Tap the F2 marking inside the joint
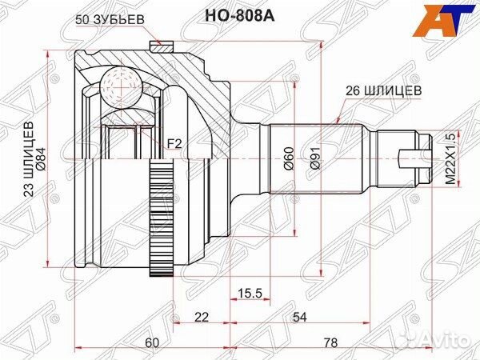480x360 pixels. (x=173, y=144)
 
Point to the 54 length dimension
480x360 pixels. (x=300, y=318)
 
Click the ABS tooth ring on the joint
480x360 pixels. (x=163, y=221)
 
